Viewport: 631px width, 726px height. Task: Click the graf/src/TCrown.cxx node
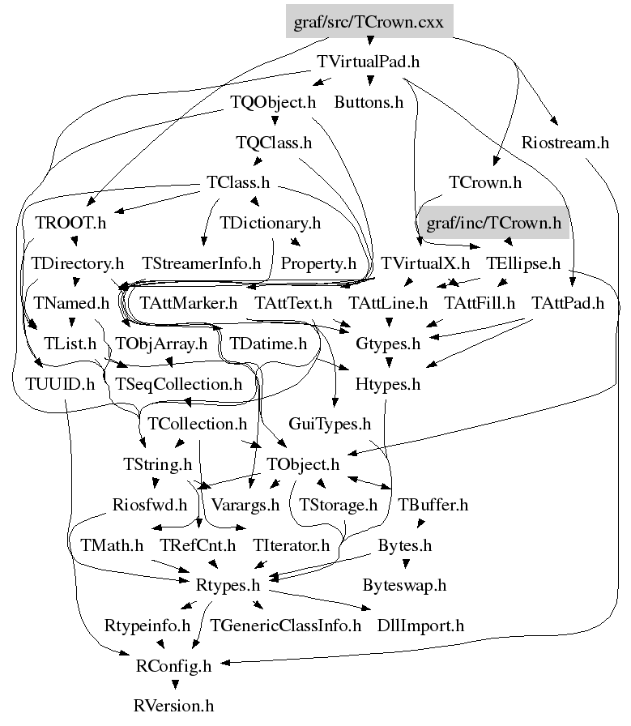click(x=369, y=22)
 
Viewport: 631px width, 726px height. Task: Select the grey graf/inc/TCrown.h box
click(x=493, y=222)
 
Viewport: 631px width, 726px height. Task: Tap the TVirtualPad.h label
click(x=369, y=62)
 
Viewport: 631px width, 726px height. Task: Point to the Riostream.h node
click(x=565, y=143)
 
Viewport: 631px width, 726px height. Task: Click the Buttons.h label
click(x=369, y=102)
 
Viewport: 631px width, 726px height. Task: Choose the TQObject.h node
click(x=273, y=102)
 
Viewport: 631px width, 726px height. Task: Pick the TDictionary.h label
click(x=271, y=222)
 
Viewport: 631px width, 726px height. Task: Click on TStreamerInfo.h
click(x=202, y=263)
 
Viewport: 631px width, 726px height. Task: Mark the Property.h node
click(x=319, y=263)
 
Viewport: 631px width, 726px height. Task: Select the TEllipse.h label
click(x=523, y=263)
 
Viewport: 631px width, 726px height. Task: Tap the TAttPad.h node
click(x=568, y=304)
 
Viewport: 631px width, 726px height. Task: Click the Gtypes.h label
click(x=388, y=344)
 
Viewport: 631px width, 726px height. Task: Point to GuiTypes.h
click(x=330, y=424)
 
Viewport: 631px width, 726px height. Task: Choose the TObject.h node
click(x=303, y=464)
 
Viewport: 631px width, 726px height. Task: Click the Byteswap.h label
click(x=404, y=584)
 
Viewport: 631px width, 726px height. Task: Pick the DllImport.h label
click(x=421, y=626)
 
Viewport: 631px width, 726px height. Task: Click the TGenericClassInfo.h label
click(x=285, y=626)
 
